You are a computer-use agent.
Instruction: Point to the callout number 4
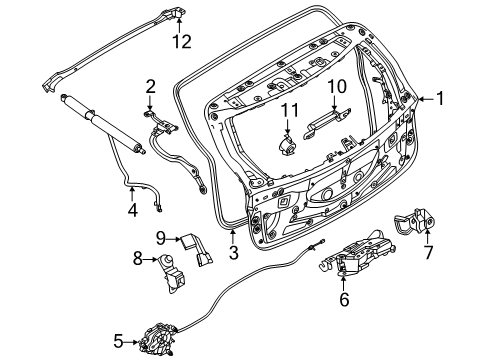131,210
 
